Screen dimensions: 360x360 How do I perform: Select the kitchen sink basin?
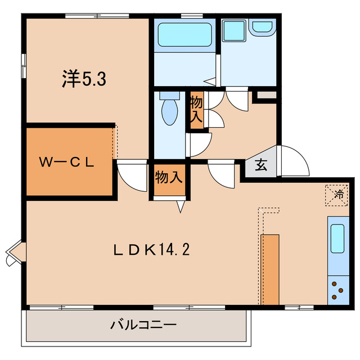point(337,238)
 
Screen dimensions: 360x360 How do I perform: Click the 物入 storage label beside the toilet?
point(196,109)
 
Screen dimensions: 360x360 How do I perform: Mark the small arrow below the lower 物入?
point(181,206)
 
